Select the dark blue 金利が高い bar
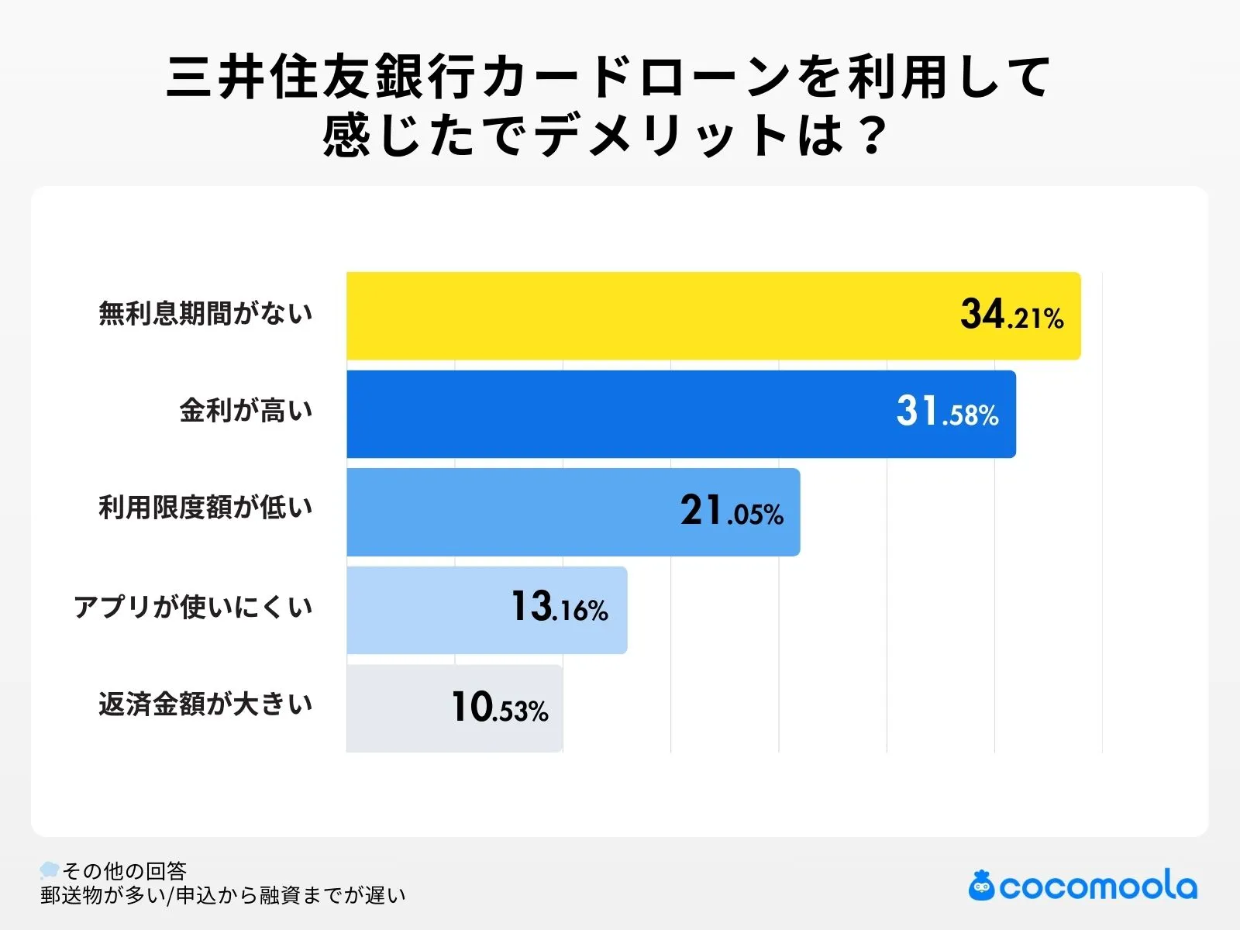(x=620, y=414)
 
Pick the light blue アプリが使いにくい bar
(x=426, y=610)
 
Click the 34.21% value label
(x=1011, y=315)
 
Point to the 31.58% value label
(x=947, y=412)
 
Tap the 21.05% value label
(x=732, y=511)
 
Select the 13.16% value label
(x=559, y=608)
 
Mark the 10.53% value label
(x=500, y=708)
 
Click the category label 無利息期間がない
(x=205, y=313)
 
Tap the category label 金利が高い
(x=246, y=410)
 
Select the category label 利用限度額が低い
(x=205, y=508)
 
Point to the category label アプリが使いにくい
(x=193, y=606)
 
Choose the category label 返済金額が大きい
(x=205, y=704)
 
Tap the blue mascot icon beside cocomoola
(x=981, y=886)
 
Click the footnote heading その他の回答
(x=124, y=871)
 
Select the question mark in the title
(x=872, y=136)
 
